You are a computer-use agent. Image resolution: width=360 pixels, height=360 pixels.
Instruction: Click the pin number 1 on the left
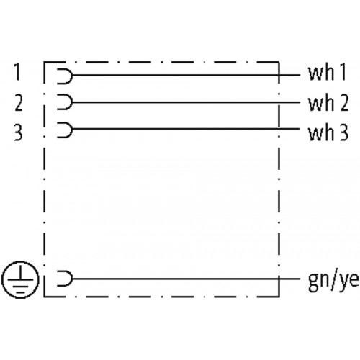(17, 71)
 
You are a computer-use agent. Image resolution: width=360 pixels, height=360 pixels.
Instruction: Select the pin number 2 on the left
(19, 103)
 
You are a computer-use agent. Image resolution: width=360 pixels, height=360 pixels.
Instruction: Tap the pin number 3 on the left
(19, 132)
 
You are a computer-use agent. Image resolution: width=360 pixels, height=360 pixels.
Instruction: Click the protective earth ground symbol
(20, 279)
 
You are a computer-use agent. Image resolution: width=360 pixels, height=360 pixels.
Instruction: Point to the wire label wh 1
(327, 72)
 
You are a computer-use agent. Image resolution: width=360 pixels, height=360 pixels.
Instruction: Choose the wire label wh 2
(328, 103)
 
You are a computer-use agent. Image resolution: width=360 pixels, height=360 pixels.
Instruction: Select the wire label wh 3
(328, 132)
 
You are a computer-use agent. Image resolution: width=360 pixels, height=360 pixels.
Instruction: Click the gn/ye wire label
(333, 282)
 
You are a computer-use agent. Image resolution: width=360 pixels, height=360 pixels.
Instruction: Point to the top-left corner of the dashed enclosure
(44, 63)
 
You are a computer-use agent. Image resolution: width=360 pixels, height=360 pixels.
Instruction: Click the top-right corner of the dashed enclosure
(279, 63)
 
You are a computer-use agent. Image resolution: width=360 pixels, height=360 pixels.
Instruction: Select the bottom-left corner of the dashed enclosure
(44, 297)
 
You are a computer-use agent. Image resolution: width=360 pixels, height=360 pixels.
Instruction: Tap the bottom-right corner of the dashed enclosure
(279, 297)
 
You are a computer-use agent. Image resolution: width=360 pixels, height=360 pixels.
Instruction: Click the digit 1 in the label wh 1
(343, 72)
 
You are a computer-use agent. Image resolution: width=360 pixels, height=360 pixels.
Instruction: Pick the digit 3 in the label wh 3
(344, 132)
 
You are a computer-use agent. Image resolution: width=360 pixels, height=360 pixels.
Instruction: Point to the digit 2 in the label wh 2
(344, 103)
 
